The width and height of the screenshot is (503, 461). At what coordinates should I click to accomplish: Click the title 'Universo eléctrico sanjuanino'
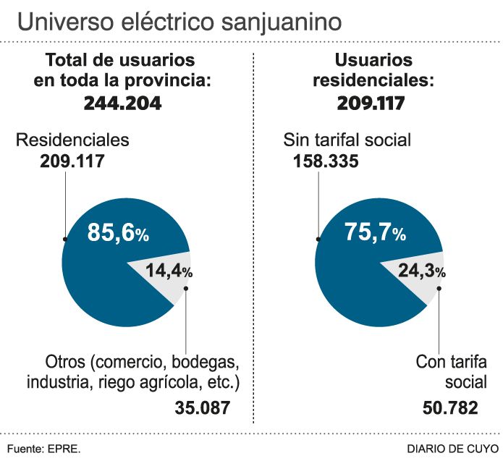coord(179,22)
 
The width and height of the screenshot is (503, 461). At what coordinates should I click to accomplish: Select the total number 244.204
coord(122,103)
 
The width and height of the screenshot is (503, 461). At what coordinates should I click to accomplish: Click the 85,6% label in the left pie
coord(118,233)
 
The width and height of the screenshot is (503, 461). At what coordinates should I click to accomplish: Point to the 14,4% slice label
coord(169,271)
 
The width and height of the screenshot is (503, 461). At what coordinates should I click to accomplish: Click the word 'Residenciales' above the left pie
coord(72,140)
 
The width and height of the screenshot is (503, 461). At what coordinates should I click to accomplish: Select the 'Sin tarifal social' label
coord(347,140)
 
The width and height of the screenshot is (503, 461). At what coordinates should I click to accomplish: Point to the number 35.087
coord(202,407)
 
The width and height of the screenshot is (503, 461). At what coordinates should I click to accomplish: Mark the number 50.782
coord(450,407)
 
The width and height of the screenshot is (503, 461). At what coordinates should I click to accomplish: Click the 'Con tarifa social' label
coord(452,371)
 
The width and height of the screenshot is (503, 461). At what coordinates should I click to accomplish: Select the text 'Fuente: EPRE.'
coord(44,448)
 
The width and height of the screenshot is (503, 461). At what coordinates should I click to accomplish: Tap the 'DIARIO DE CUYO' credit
coord(452,448)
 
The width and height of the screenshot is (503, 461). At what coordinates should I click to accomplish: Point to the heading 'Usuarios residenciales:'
coord(373,71)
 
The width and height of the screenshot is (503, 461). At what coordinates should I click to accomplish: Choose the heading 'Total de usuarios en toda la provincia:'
coord(122,71)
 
